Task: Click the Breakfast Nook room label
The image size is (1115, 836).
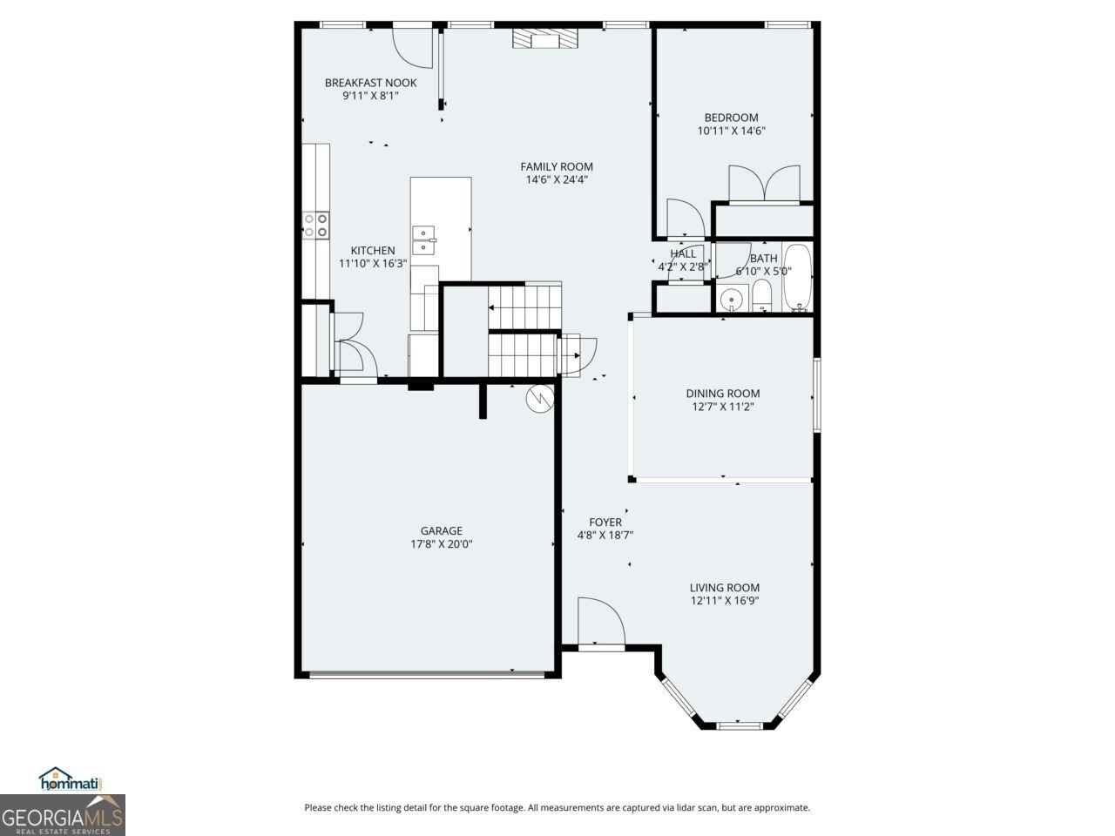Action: (x=370, y=83)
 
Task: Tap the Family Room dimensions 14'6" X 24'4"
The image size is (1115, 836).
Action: (x=557, y=180)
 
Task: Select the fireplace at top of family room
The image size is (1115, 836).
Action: (x=544, y=39)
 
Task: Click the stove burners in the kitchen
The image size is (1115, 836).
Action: (x=315, y=226)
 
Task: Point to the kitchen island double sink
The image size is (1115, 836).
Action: (x=424, y=240)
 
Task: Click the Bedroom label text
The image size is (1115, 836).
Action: (x=731, y=118)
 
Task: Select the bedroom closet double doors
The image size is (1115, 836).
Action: (x=764, y=184)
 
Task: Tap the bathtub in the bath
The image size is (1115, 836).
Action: (x=797, y=278)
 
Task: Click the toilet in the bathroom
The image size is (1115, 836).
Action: (x=761, y=296)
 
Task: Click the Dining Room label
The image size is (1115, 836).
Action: (x=722, y=394)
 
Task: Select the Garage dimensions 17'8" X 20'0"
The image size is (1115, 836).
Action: (x=441, y=544)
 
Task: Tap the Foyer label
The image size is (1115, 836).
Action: (x=605, y=522)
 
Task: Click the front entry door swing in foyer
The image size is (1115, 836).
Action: (x=600, y=621)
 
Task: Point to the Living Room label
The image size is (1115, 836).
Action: (x=725, y=588)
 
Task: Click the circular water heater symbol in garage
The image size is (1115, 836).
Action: (x=539, y=398)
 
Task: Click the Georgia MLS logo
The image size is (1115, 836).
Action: (x=62, y=816)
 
